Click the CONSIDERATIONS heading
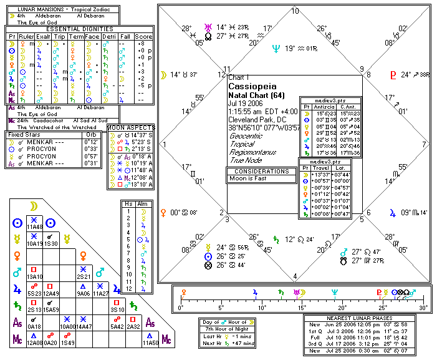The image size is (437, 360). click(x=262, y=170)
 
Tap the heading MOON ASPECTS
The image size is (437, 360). click(x=130, y=127)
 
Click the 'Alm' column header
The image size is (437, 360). click(x=142, y=203)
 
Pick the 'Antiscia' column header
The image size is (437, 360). click(x=327, y=107)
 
